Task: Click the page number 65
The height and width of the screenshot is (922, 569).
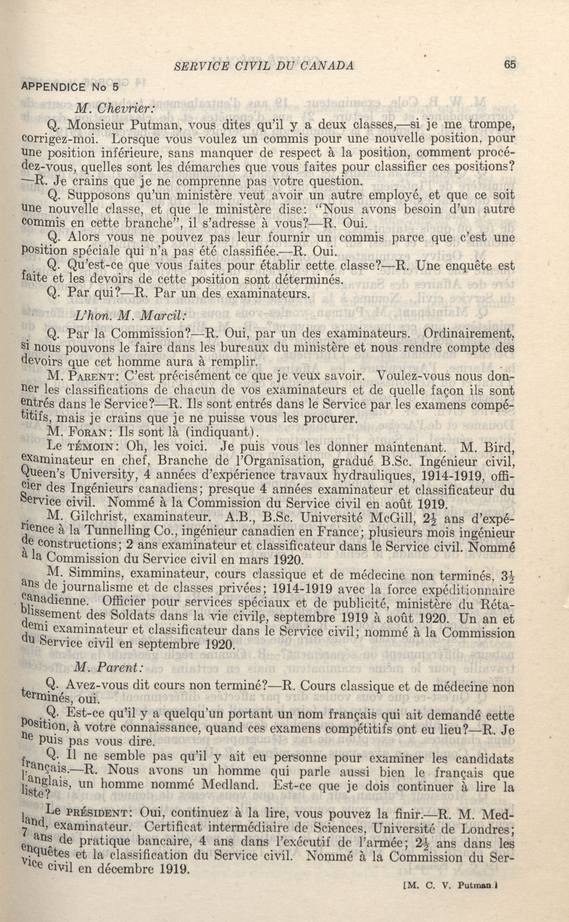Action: [510, 65]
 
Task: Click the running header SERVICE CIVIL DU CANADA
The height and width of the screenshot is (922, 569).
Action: [263, 66]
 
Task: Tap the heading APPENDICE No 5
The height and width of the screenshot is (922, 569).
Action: [70, 87]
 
